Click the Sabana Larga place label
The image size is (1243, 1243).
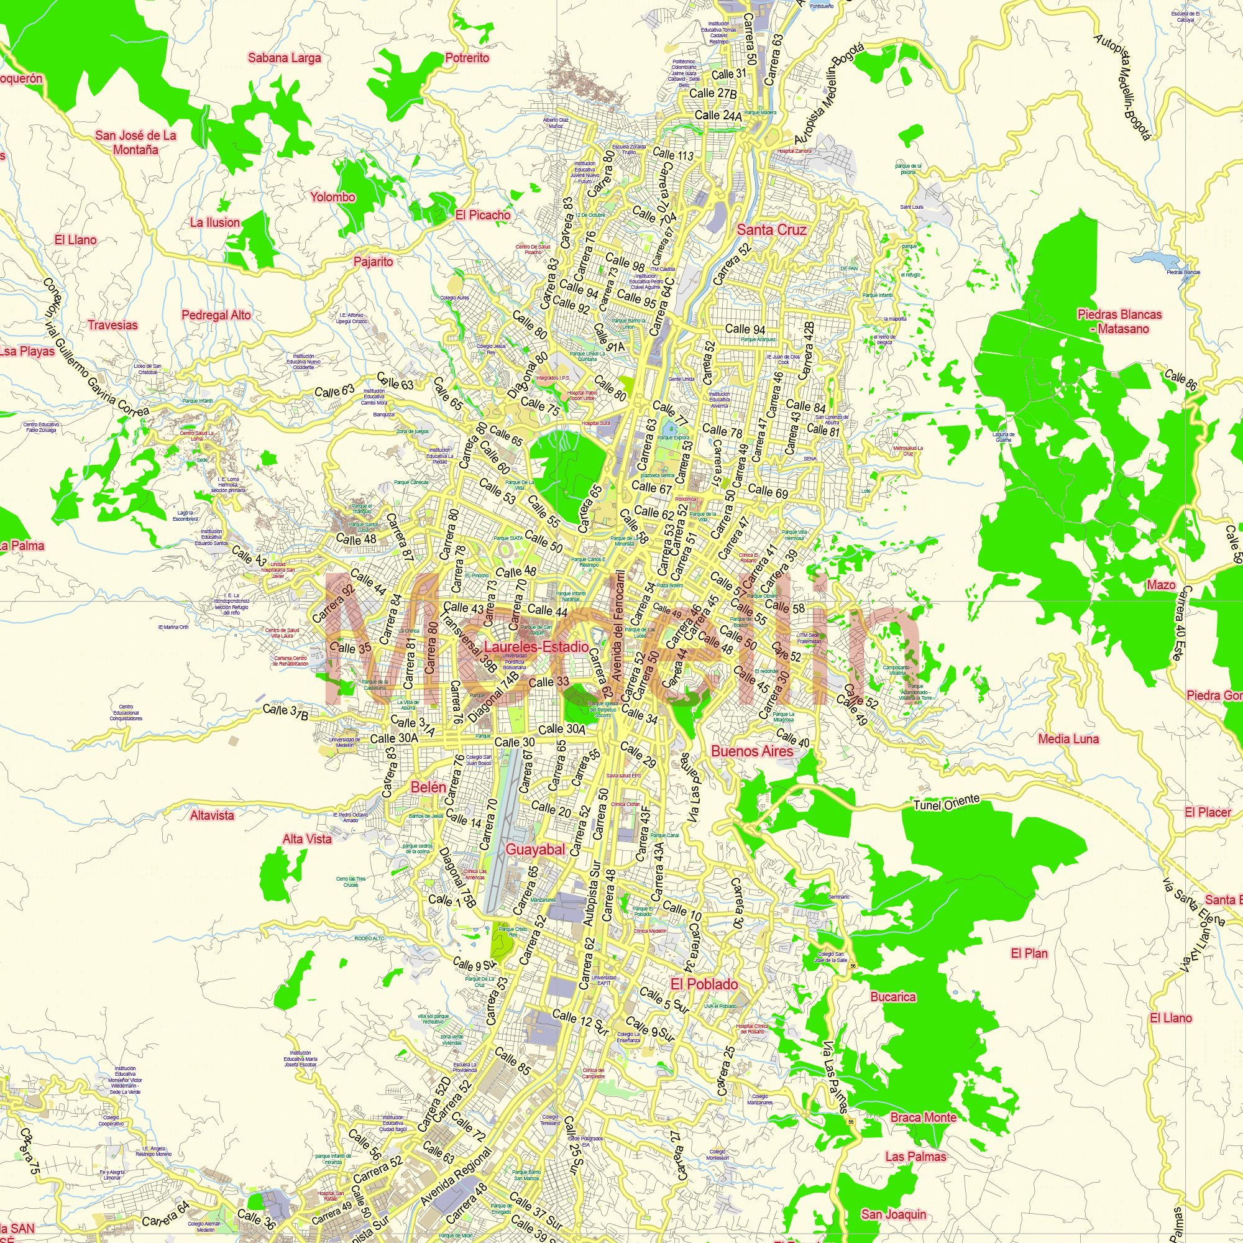click(285, 58)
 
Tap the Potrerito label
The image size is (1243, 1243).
click(467, 58)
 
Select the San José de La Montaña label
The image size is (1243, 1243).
click(135, 142)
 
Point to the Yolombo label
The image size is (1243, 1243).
click(333, 197)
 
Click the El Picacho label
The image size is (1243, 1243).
click(482, 215)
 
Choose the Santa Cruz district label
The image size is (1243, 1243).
click(771, 230)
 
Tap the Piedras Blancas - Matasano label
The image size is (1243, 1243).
click(1119, 321)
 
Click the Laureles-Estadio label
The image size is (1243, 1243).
click(536, 646)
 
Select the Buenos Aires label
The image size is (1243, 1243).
click(752, 751)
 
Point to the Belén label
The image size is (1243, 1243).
click(428, 787)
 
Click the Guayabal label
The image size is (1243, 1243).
click(534, 849)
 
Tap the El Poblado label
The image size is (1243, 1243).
click(705, 984)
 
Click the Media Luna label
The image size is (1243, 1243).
click(1068, 738)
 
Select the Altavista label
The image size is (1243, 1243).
click(212, 815)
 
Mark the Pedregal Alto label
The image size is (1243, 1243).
click(216, 315)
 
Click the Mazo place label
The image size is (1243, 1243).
click(1162, 585)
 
